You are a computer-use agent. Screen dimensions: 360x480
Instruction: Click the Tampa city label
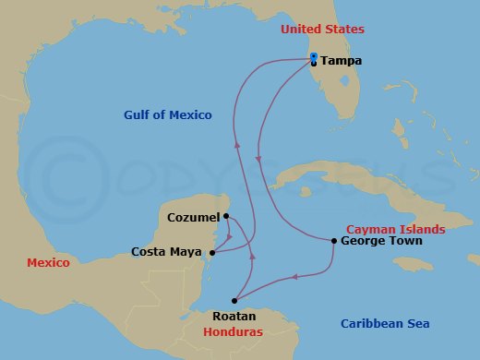(x=342, y=61)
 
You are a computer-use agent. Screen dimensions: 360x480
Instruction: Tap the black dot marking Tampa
(x=315, y=64)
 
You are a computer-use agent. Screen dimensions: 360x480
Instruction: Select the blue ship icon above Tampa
(x=315, y=56)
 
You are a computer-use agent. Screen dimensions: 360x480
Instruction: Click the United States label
(x=321, y=30)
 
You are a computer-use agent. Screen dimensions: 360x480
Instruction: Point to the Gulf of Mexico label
(x=168, y=115)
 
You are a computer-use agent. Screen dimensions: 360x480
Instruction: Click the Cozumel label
(x=195, y=217)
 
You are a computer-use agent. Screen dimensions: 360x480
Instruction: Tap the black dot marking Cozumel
(x=226, y=216)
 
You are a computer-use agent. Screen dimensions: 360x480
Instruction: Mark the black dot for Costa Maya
(x=213, y=252)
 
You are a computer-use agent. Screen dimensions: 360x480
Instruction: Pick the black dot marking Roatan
(x=234, y=300)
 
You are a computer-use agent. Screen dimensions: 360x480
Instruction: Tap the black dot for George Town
(x=333, y=241)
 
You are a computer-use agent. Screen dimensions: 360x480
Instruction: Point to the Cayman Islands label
(x=395, y=229)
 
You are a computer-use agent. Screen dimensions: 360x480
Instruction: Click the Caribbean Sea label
(x=385, y=323)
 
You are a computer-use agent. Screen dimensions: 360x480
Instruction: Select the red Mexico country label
(x=48, y=263)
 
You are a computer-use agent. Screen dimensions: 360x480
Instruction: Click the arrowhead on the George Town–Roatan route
(x=294, y=276)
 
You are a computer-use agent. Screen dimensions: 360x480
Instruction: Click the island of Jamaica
(x=415, y=264)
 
